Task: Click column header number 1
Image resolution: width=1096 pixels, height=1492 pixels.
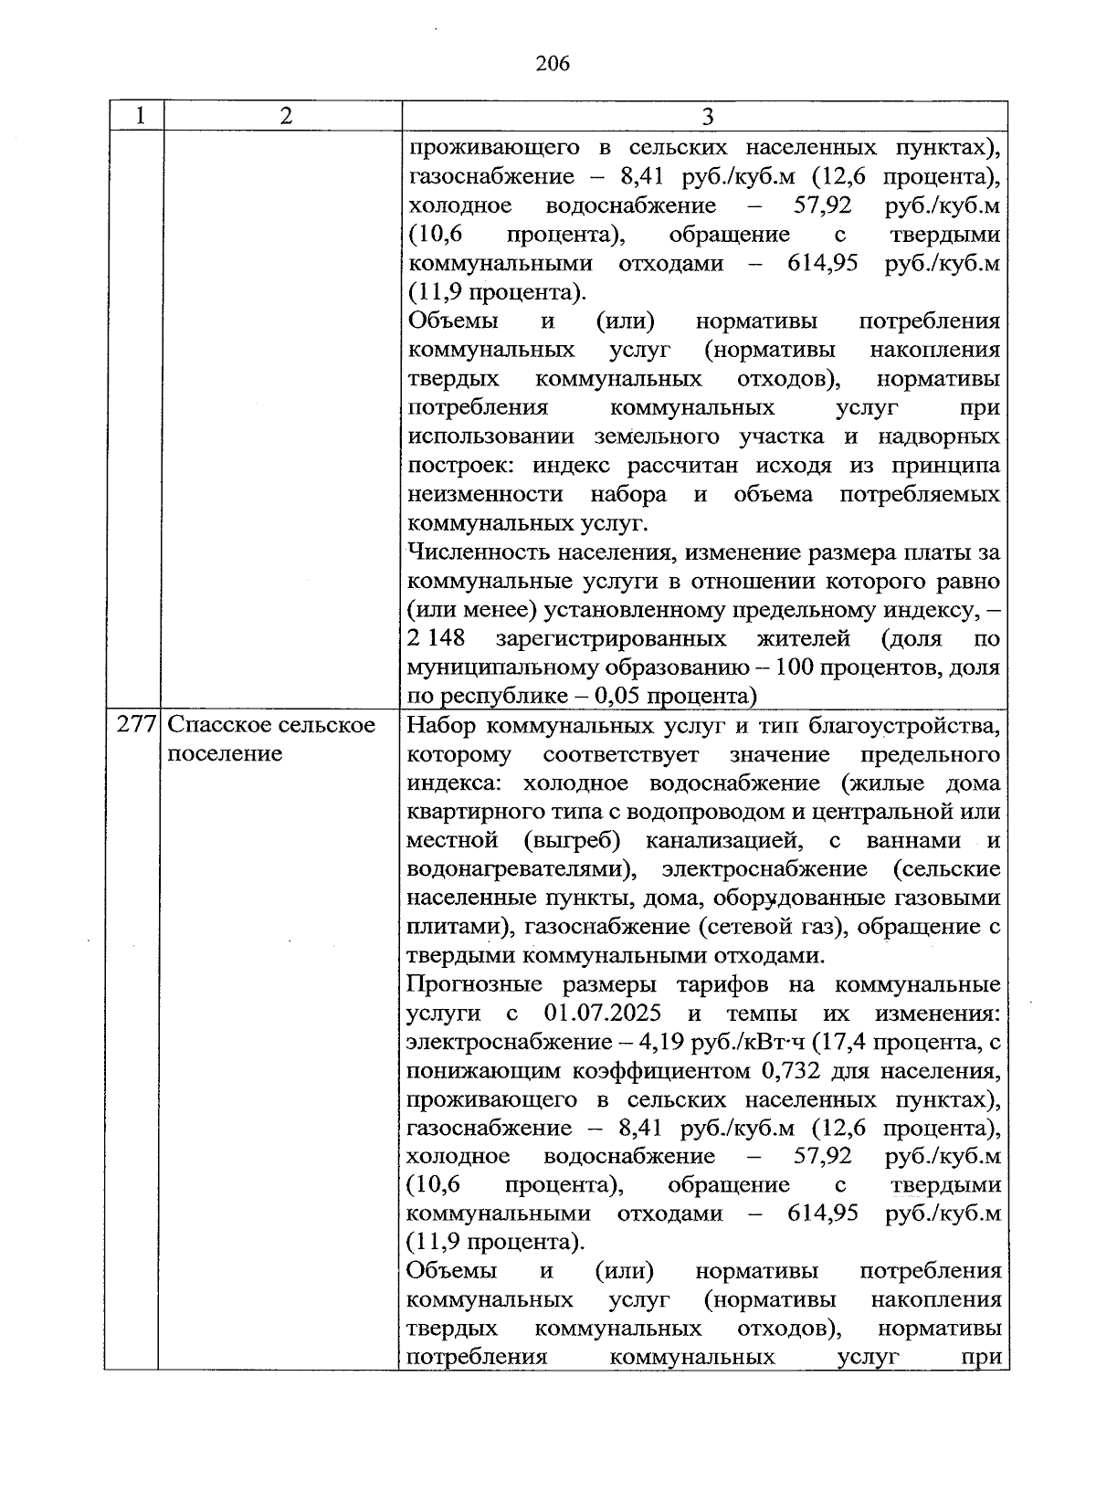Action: pyautogui.click(x=139, y=116)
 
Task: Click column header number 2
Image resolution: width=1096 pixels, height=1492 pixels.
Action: pyautogui.click(x=286, y=116)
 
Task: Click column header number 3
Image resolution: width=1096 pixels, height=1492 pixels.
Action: pyautogui.click(x=707, y=117)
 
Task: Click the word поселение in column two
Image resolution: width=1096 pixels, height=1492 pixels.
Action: pyautogui.click(x=226, y=754)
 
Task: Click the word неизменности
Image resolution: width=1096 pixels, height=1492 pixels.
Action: pyautogui.click(x=484, y=495)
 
